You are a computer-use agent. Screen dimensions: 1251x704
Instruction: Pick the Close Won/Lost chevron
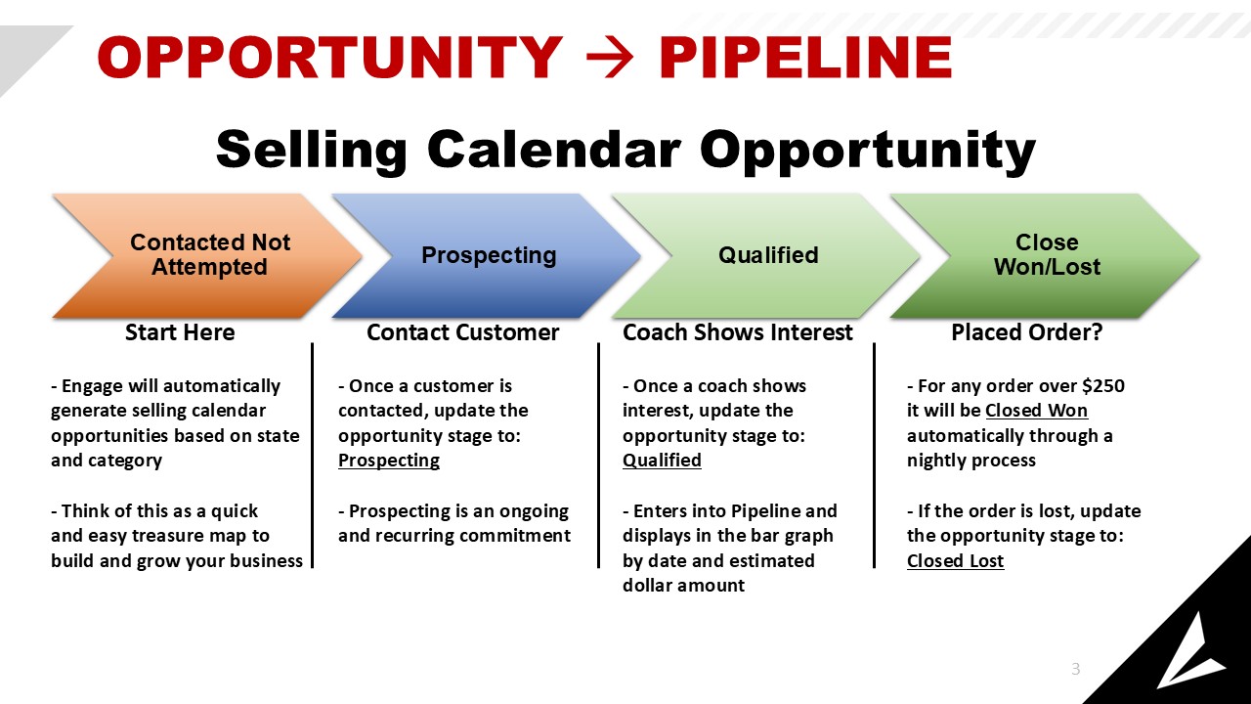[1046, 255]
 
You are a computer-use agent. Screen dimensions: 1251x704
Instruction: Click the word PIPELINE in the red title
[806, 57]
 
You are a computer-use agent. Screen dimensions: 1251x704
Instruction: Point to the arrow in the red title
[610, 57]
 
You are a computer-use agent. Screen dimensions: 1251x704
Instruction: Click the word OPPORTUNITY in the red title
[330, 57]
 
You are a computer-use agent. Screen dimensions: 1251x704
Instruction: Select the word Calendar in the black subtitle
[553, 150]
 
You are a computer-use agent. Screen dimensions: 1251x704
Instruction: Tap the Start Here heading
[180, 332]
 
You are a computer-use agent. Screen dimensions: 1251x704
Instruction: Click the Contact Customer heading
[463, 332]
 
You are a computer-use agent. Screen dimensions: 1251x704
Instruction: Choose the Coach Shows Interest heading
[738, 332]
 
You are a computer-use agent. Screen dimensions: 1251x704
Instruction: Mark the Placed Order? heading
[1027, 332]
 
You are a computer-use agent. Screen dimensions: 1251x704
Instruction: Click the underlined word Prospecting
[389, 461]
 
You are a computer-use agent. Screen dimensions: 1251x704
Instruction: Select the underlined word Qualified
[662, 461]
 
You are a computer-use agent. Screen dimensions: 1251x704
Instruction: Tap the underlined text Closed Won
[1037, 411]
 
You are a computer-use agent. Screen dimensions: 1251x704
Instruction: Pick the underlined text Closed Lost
[956, 560]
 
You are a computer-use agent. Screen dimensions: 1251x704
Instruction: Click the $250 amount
[1103, 386]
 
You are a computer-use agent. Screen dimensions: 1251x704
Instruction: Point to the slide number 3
[1076, 669]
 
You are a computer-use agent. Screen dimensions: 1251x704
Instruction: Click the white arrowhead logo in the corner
[1189, 654]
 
